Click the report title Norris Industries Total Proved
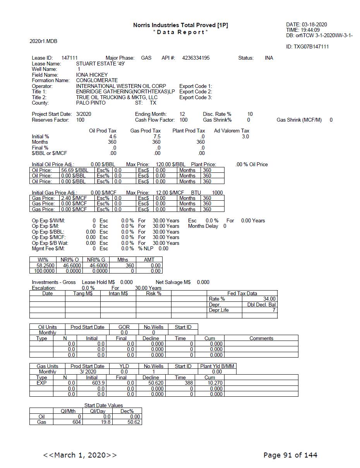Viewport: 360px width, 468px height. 180,25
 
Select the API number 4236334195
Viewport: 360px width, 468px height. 196,58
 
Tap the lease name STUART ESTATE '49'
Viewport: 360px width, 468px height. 100,64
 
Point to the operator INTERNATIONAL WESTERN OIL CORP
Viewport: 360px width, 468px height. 121,86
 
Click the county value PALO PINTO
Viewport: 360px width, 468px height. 91,103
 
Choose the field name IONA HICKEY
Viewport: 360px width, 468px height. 92,75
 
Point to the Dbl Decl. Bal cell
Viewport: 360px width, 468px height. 261,305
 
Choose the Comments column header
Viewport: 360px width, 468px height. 261,338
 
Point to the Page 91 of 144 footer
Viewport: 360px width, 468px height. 290,455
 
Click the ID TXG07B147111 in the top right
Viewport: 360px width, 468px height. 307,47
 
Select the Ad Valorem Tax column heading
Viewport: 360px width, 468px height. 231,131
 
